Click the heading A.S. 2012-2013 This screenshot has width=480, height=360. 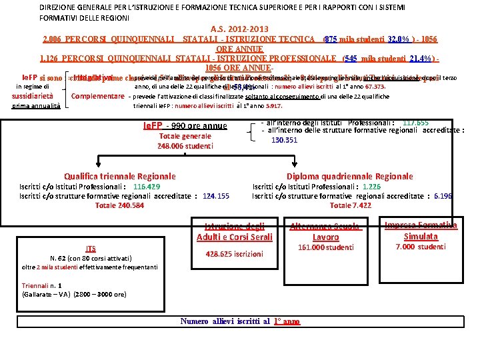(239, 29)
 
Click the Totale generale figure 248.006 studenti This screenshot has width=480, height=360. (185, 145)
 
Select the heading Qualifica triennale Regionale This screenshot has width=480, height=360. (120, 176)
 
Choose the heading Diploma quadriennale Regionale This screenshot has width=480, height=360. (349, 176)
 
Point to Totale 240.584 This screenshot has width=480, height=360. (119, 206)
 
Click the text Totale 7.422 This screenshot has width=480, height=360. (351, 206)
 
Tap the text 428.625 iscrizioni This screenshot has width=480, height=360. (234, 254)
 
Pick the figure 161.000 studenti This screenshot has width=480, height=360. (325, 247)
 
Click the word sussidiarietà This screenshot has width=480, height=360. (33, 96)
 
